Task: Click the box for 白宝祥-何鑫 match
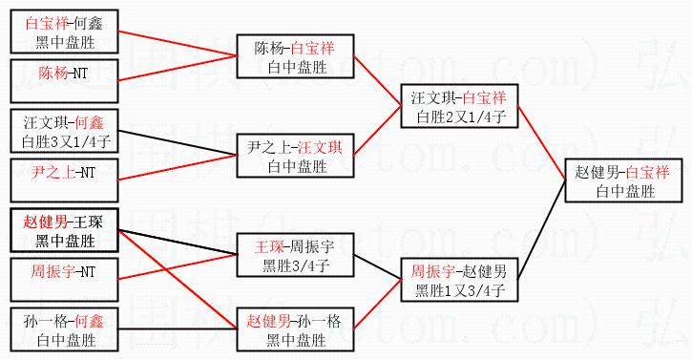pos(65,32)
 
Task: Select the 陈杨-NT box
pos(65,81)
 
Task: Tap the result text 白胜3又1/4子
pos(66,141)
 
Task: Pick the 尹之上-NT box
pos(65,180)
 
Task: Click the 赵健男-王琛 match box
pos(65,230)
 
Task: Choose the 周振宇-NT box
pos(65,280)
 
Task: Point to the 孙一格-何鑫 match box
pos(65,329)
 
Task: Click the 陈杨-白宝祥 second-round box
pos(295,56)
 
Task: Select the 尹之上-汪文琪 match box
pos(295,156)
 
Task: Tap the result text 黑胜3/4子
pos(296,265)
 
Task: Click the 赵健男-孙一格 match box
pos(295,329)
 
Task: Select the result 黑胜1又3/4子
pos(460,290)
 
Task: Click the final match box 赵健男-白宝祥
pos(623,180)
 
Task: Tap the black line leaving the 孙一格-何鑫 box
pos(178,329)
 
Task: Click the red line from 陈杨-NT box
pos(178,68)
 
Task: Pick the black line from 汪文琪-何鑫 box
pos(178,142)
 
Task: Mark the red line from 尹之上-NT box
pos(178,167)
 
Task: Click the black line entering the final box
pos(541,230)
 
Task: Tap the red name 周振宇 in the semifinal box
pos(433,271)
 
